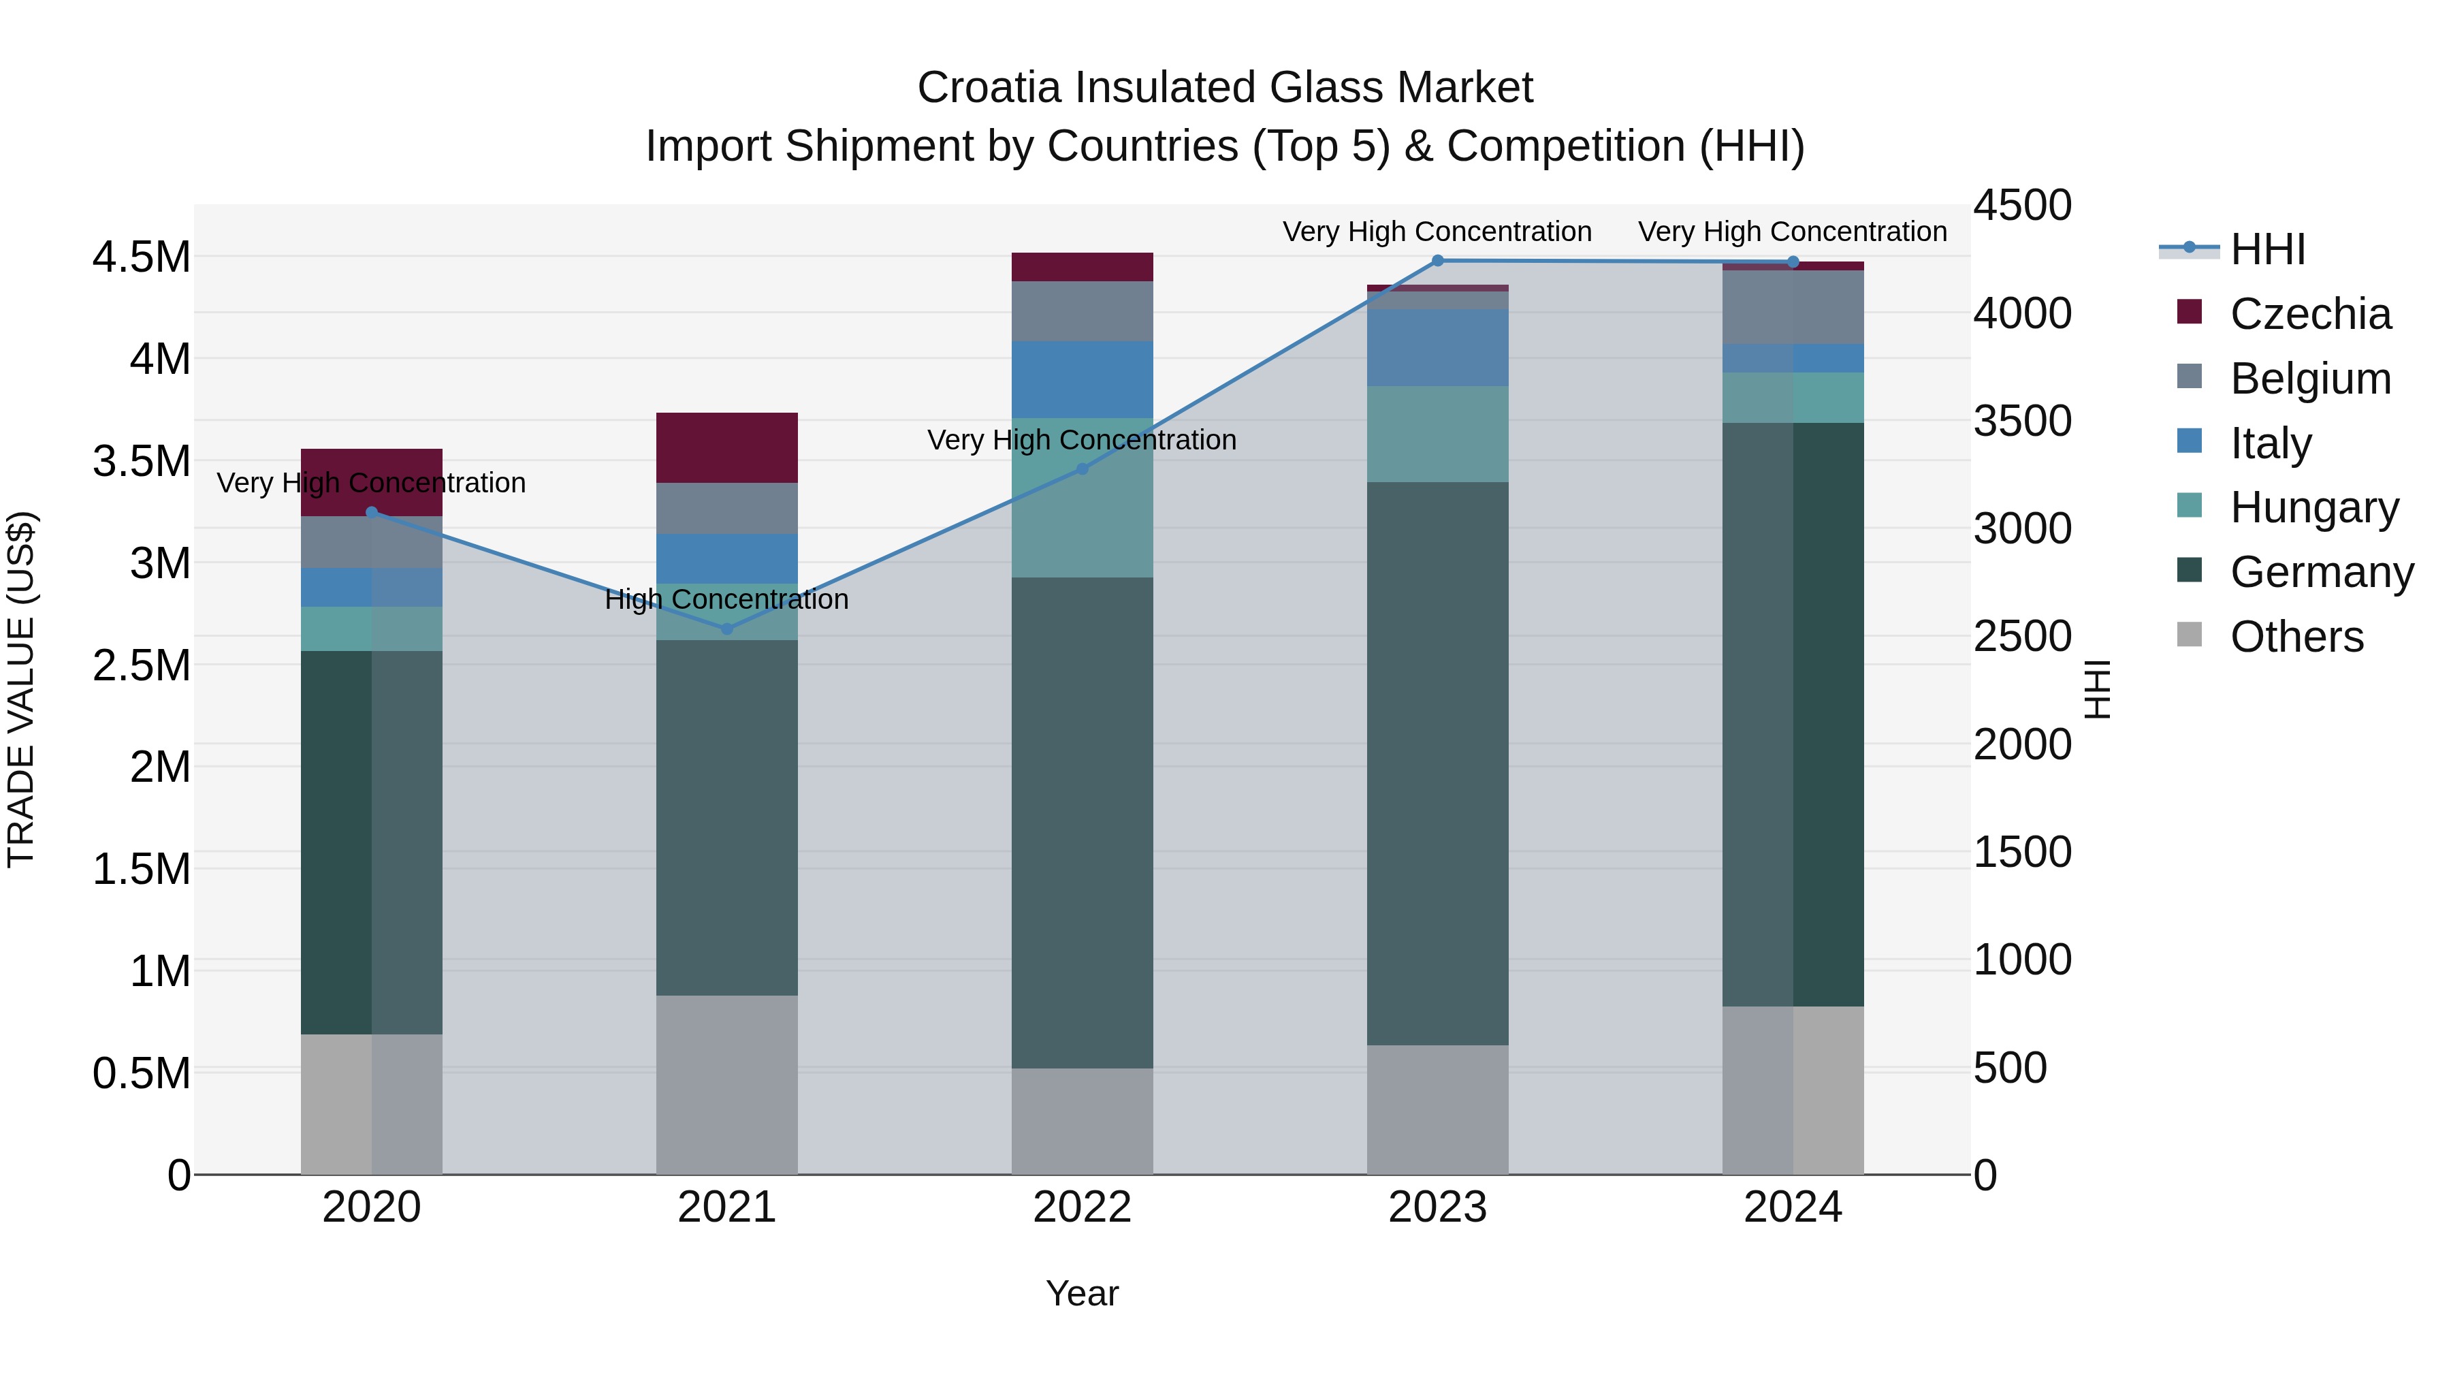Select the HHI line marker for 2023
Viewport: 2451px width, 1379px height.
pyautogui.click(x=1438, y=261)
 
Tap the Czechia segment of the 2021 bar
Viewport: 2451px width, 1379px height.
pyautogui.click(x=727, y=447)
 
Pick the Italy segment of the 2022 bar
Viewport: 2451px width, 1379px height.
pyautogui.click(x=1082, y=379)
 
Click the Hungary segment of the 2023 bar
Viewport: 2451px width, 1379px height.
pyautogui.click(x=1438, y=434)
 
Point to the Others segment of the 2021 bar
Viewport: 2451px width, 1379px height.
pyautogui.click(x=727, y=1085)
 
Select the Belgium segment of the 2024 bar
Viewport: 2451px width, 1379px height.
pyautogui.click(x=1793, y=306)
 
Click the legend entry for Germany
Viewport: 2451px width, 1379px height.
pyautogui.click(x=2322, y=572)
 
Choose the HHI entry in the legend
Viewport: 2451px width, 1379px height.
pyautogui.click(x=2267, y=249)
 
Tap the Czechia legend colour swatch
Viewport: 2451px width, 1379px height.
pyautogui.click(x=2190, y=312)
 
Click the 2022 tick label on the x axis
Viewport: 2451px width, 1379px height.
pyautogui.click(x=1082, y=1207)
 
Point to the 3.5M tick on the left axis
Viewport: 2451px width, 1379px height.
pyautogui.click(x=141, y=460)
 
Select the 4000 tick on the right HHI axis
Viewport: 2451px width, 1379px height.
pyautogui.click(x=2022, y=313)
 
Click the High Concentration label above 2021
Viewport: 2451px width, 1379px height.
pyautogui.click(x=727, y=599)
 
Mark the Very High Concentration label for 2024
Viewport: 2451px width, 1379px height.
pyautogui.click(x=1793, y=232)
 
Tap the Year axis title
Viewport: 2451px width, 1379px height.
pyautogui.click(x=1082, y=1293)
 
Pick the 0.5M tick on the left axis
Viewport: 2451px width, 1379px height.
pyautogui.click(x=141, y=1073)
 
